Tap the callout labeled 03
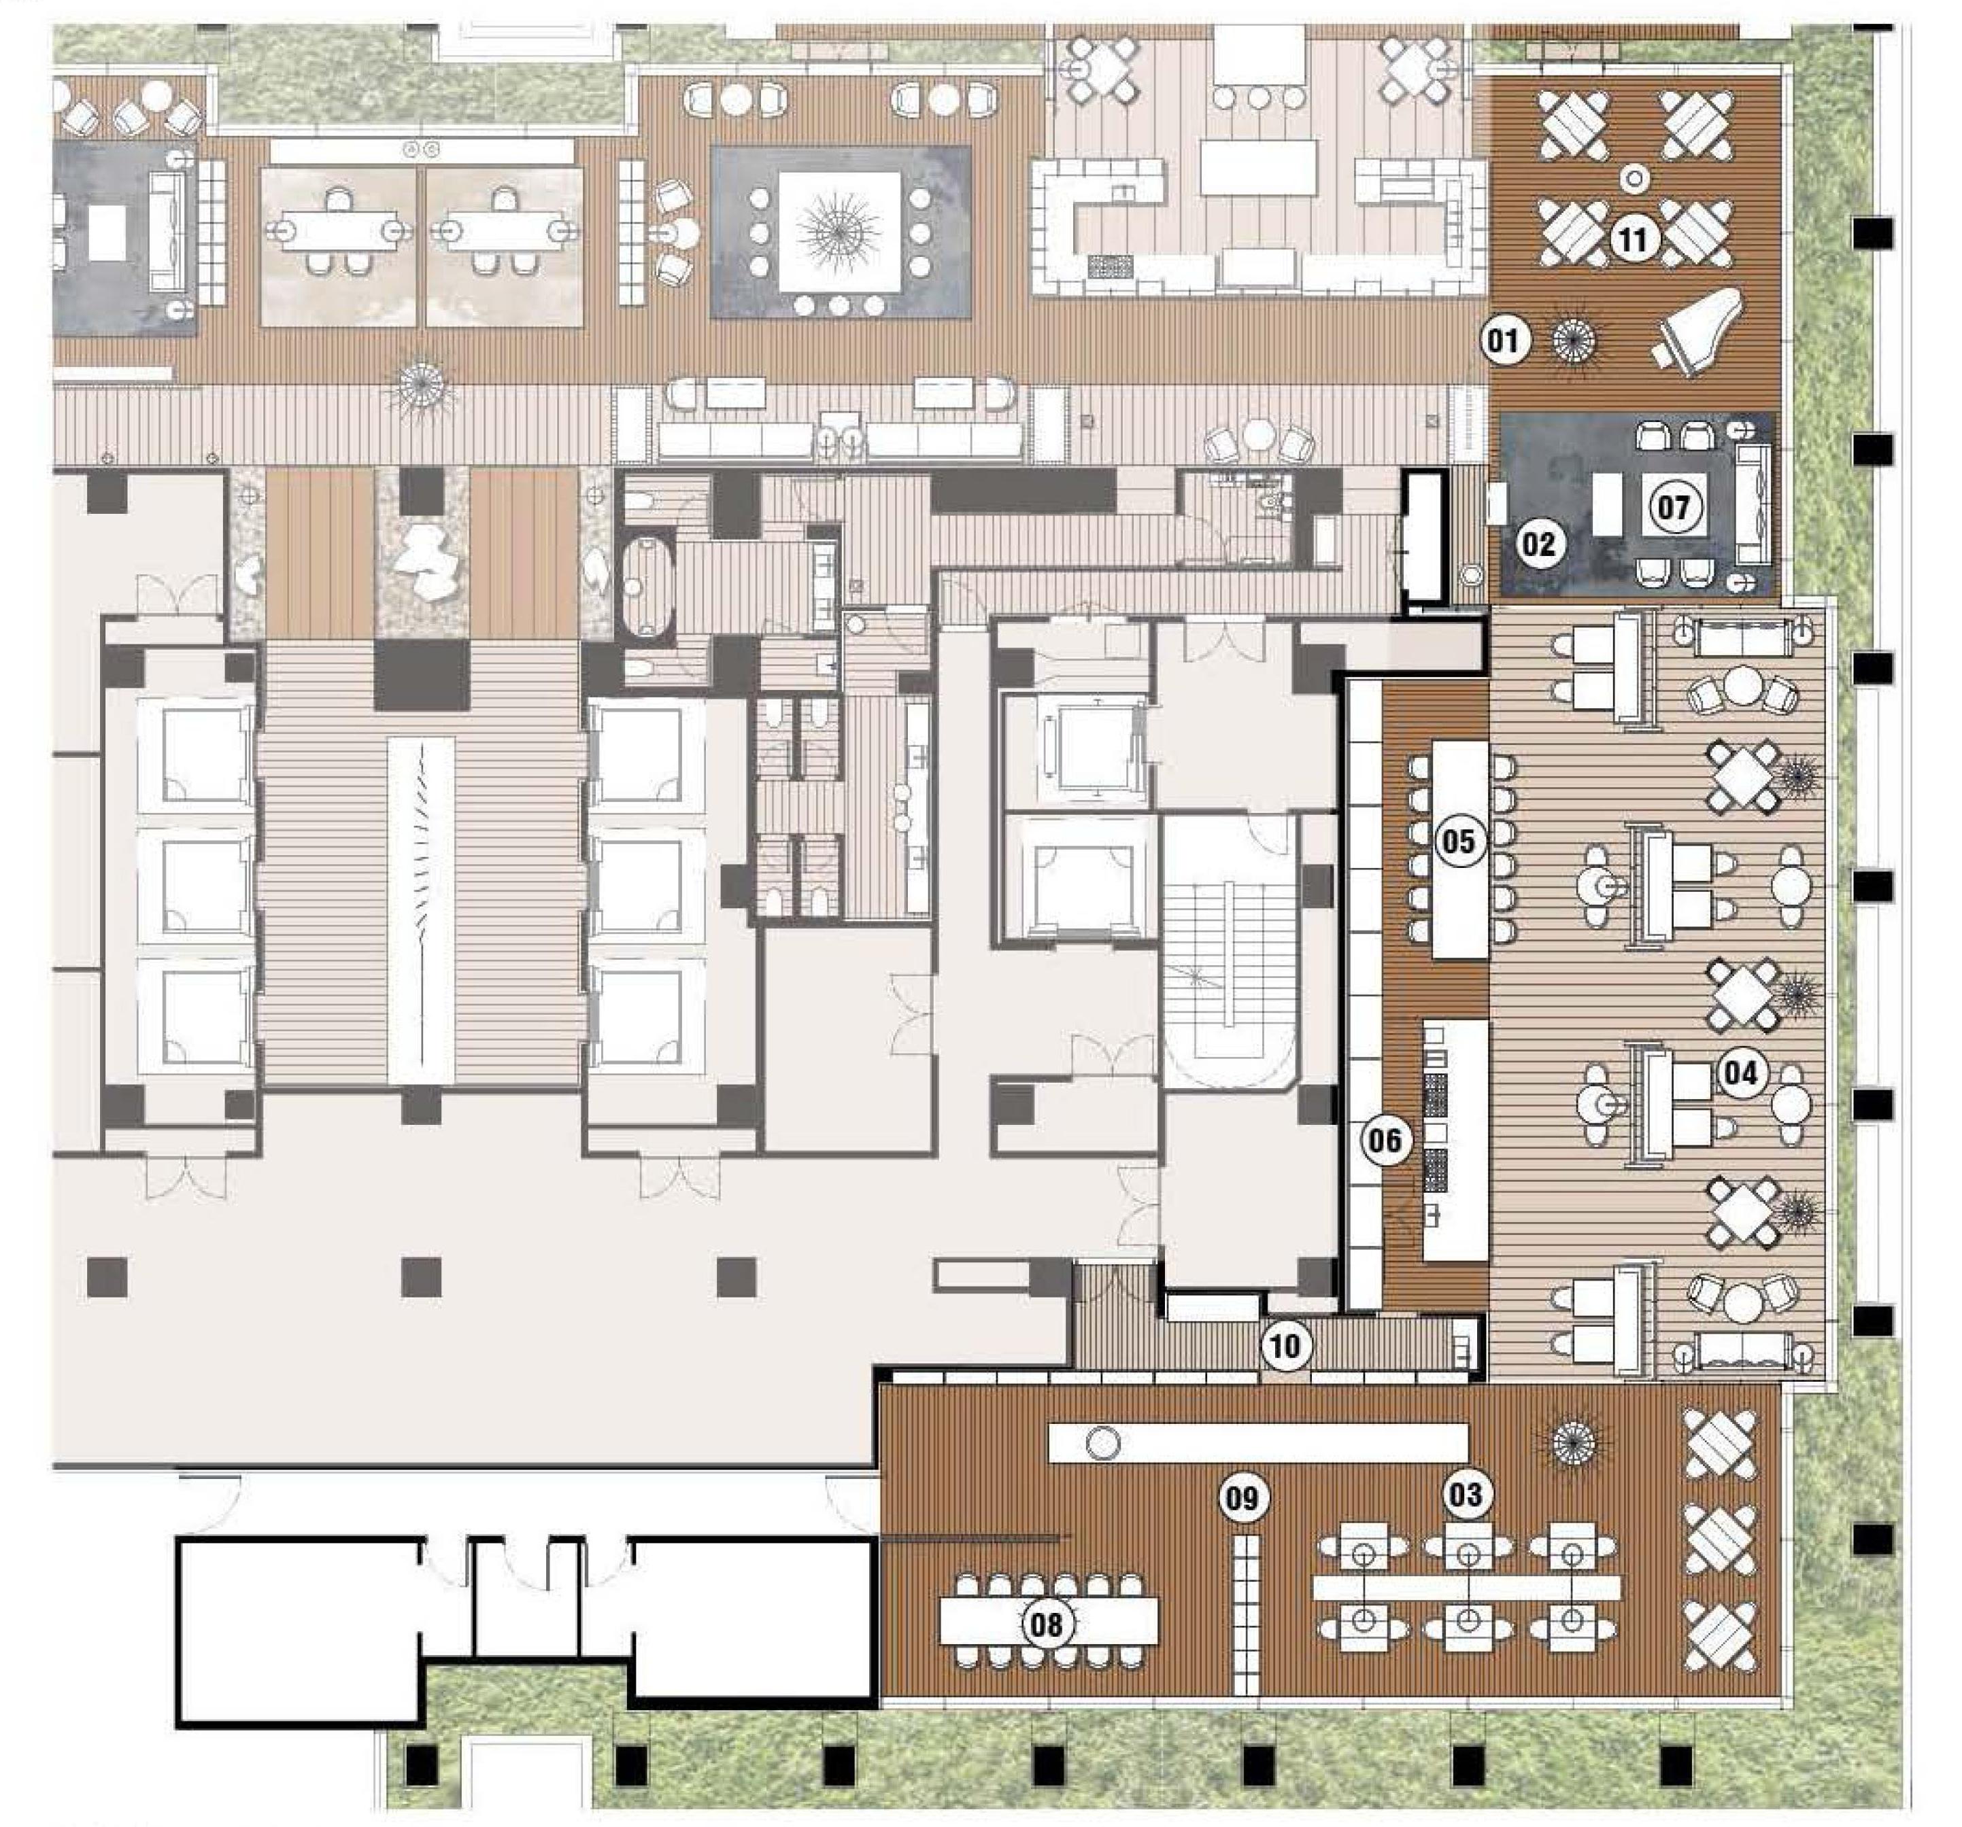pos(1465,1495)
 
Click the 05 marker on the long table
pos(1459,841)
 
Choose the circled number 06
pos(1384,1141)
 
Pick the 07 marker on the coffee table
pos(1674,508)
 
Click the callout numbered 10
pos(1287,1346)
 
